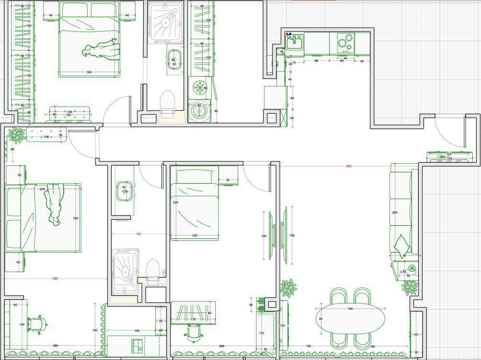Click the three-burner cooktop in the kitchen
click(345, 43)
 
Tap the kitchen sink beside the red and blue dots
click(294, 44)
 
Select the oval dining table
click(350, 318)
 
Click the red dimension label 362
click(349, 167)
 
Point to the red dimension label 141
click(139, 234)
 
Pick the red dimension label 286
click(55, 279)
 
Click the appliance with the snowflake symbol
click(199, 88)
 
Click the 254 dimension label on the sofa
click(395, 213)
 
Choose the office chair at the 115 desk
click(194, 331)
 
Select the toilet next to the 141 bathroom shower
click(153, 271)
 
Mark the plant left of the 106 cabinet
click(17, 135)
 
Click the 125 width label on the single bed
click(195, 236)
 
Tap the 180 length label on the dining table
click(350, 309)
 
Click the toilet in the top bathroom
click(167, 102)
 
